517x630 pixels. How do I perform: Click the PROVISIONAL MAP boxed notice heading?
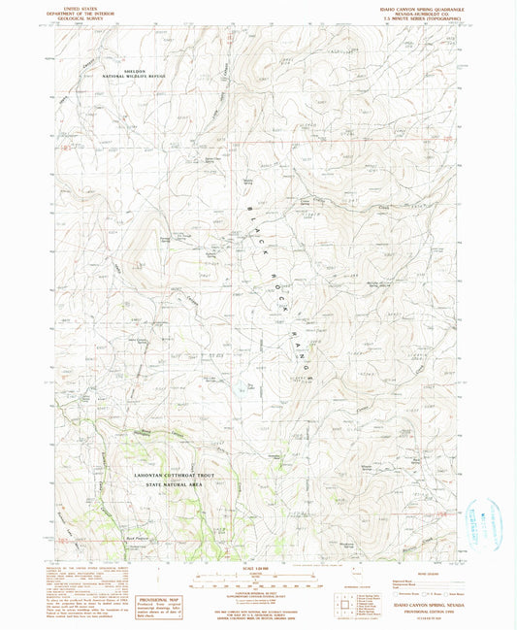coord(157,575)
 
